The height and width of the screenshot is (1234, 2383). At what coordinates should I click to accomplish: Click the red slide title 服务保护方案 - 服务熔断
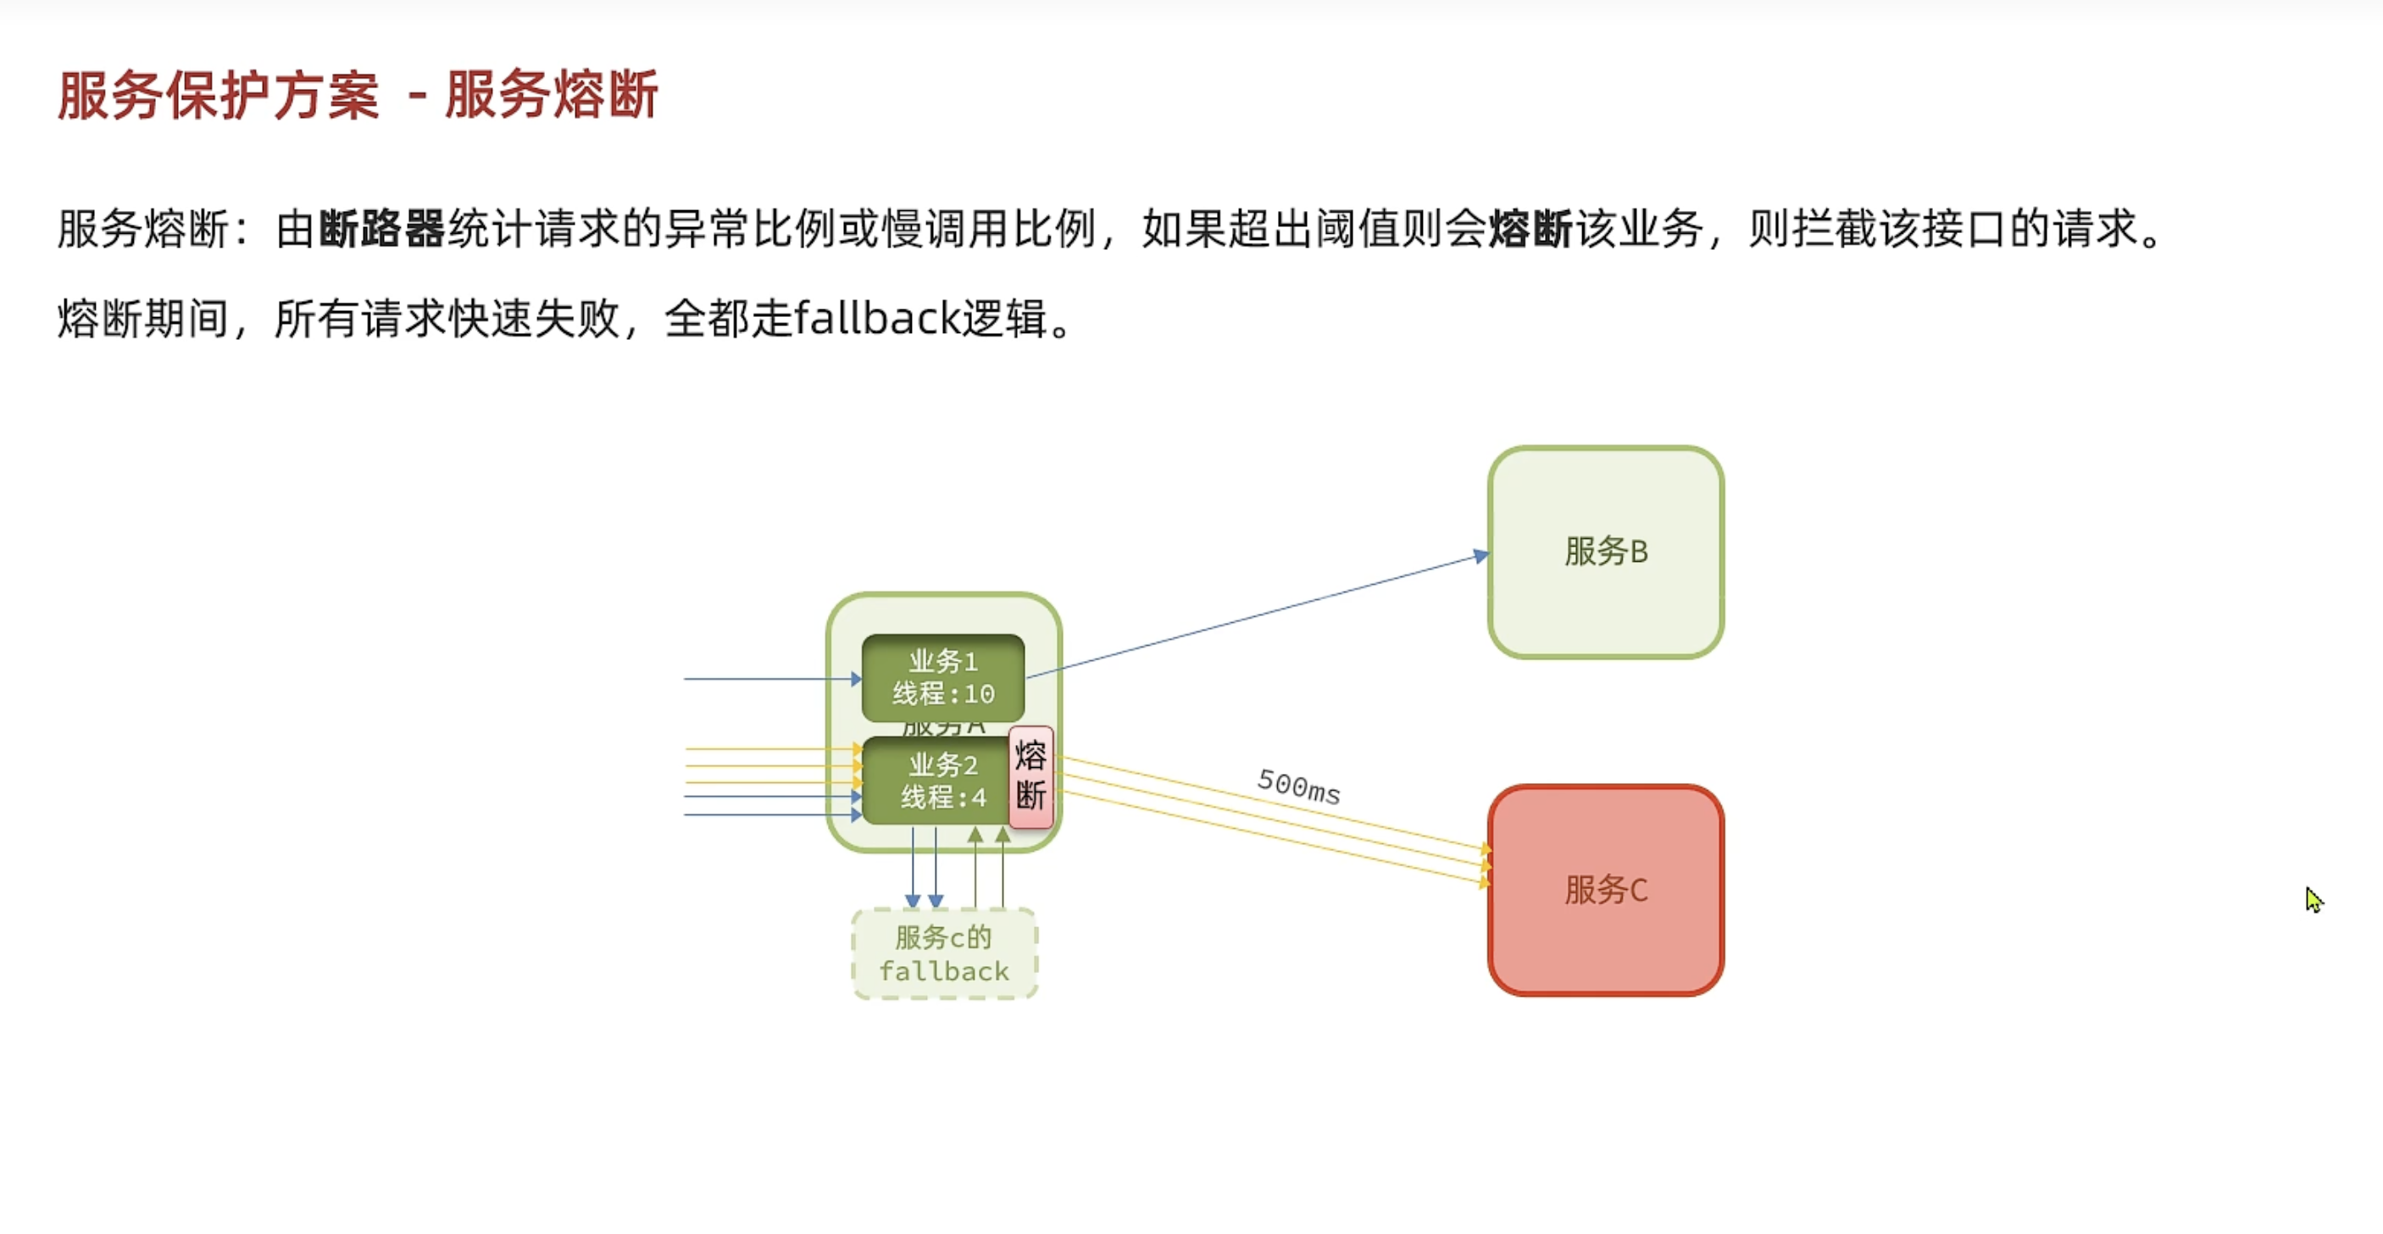357,94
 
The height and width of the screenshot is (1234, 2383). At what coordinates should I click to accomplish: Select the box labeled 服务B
1605,553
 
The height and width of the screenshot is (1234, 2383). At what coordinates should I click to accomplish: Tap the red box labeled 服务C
1605,890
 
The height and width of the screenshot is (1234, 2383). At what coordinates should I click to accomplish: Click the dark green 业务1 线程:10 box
942,677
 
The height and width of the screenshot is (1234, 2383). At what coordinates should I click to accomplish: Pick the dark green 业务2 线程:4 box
935,781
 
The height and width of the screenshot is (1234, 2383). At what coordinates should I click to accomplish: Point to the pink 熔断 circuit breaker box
1030,777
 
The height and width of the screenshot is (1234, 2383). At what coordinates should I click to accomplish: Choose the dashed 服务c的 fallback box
943,953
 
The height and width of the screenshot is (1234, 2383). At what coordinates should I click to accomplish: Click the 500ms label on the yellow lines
1299,787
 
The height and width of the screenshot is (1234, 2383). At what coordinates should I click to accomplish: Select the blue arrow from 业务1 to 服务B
1258,615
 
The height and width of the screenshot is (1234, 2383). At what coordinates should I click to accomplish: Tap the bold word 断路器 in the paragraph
381,229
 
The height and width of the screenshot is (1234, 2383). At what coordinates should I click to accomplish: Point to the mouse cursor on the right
2313,898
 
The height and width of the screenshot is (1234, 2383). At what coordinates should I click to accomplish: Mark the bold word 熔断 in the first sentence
1530,229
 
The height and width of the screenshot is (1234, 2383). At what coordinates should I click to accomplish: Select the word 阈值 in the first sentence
1357,229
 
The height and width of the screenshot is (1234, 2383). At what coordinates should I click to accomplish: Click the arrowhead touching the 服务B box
1481,556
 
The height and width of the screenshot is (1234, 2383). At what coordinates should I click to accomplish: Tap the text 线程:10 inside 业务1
942,694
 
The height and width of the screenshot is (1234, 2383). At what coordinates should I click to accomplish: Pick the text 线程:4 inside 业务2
943,798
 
